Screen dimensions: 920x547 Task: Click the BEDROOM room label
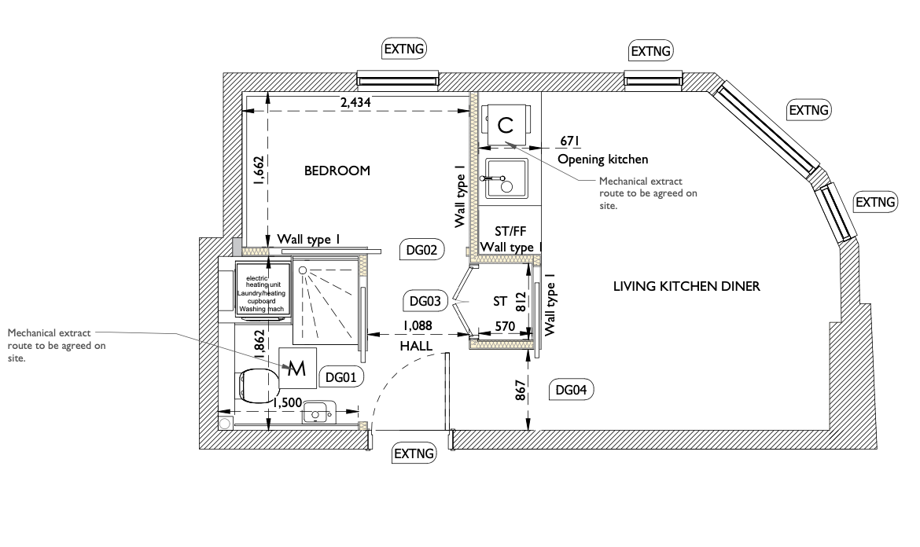pos(337,171)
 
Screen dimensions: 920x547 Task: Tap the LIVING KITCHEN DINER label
pos(686,286)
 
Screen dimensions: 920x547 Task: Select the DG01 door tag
pos(341,377)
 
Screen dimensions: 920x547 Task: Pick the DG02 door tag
pos(421,251)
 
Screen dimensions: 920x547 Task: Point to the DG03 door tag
pos(425,301)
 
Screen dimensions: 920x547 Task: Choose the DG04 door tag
pos(571,389)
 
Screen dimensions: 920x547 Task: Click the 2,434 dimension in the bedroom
pos(355,103)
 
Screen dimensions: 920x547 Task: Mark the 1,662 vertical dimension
pos(259,171)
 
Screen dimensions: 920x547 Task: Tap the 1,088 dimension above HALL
pos(418,326)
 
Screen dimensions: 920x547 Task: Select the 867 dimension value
pos(521,390)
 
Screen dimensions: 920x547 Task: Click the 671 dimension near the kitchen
pos(570,141)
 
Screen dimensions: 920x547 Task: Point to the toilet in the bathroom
pos(258,386)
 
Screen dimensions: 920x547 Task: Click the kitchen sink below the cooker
pos(505,178)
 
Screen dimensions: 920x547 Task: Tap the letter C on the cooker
pos(505,125)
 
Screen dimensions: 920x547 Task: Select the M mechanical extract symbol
pos(297,368)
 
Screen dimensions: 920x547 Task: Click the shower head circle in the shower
pos(303,270)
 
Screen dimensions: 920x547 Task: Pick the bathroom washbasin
pos(318,412)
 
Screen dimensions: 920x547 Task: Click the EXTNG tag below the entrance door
pos(414,453)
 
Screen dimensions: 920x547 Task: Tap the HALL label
pos(416,346)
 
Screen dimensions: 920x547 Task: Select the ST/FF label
pos(510,232)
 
